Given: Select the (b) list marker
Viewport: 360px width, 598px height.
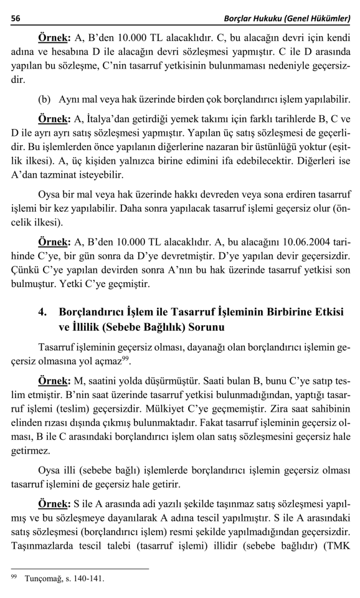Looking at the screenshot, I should [x=45, y=100].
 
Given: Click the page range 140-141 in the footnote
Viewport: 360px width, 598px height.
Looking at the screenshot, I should [x=88, y=578].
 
